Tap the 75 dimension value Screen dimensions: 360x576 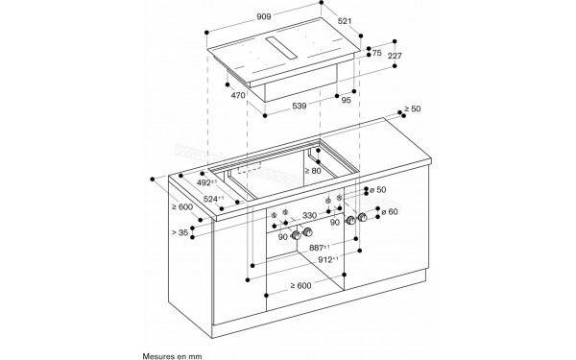point(377,54)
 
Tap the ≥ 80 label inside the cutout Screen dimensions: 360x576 point(312,172)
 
